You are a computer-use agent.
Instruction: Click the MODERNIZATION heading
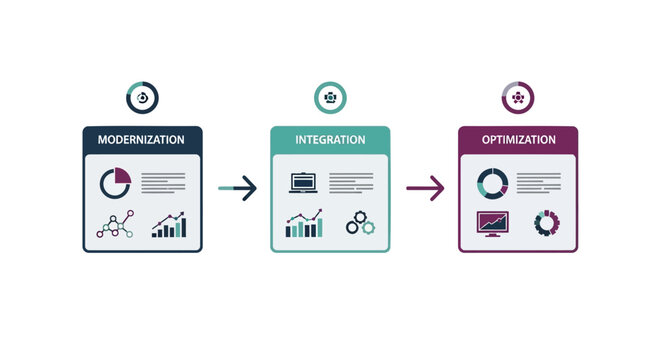pos(141,140)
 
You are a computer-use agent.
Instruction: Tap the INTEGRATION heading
pos(330,140)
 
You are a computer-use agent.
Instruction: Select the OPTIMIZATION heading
pos(517,140)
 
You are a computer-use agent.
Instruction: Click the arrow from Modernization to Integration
pos(237,187)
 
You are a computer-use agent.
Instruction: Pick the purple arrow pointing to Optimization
pos(425,187)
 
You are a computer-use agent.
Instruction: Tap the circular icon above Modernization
pos(142,98)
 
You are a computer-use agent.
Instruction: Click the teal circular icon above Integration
pos(330,98)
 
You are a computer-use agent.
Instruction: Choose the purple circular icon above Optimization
pos(517,98)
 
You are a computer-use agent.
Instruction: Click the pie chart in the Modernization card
pos(115,184)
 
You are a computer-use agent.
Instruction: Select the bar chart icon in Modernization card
pos(168,225)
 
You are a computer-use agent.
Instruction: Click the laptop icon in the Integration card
pos(303,184)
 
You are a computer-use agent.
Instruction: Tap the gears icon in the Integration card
pos(359,225)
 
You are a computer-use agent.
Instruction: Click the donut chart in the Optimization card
pos(491,183)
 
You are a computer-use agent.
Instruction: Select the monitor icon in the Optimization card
pos(491,223)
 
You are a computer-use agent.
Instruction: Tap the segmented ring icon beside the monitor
pos(546,223)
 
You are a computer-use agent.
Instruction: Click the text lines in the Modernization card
pos(163,183)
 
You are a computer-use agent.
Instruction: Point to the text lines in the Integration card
pos(351,183)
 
